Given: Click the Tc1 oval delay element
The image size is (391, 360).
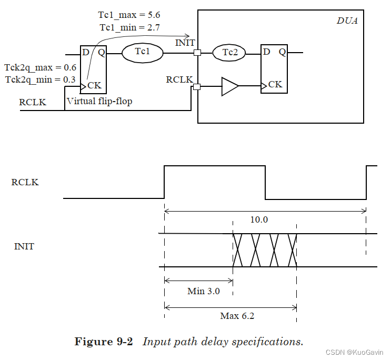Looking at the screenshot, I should (x=142, y=52).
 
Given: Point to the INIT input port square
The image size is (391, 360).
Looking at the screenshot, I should (x=197, y=53).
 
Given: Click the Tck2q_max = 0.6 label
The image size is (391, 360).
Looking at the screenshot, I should (x=41, y=68).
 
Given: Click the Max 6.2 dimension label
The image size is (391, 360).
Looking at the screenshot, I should (x=237, y=316).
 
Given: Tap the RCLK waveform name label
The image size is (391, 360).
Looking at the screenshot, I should (x=25, y=183).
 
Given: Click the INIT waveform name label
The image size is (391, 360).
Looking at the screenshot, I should (x=24, y=246).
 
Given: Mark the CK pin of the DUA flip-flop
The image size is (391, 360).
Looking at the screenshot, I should (x=275, y=84).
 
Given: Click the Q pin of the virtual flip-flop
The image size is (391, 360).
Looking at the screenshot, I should (x=102, y=52).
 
